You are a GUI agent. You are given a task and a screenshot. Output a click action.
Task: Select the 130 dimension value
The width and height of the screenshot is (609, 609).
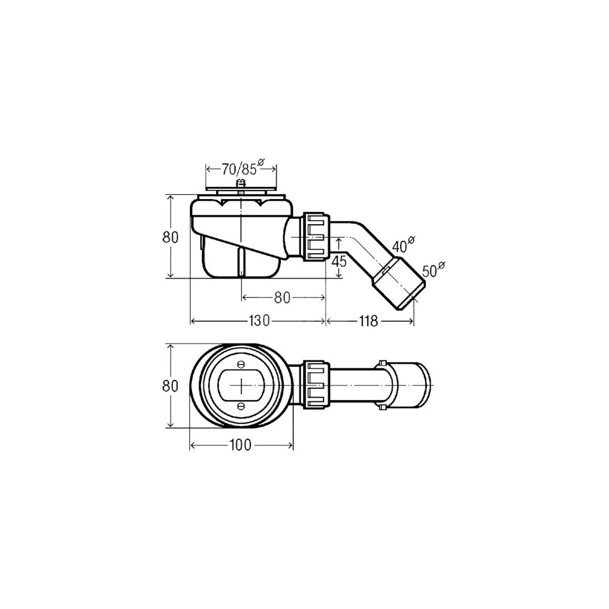[259, 321]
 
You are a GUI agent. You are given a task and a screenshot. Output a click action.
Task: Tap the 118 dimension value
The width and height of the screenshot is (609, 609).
[368, 321]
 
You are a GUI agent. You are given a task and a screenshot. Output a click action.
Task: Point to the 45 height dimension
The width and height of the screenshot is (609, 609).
[339, 261]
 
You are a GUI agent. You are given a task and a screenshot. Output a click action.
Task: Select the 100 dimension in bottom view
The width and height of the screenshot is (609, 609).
[241, 445]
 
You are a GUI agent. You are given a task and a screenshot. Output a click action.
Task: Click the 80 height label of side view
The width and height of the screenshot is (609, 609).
[170, 237]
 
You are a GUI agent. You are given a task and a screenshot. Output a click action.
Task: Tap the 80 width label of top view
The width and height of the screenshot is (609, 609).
[170, 386]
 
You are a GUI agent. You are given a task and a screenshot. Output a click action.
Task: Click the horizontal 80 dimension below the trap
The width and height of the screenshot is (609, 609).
[283, 298]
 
